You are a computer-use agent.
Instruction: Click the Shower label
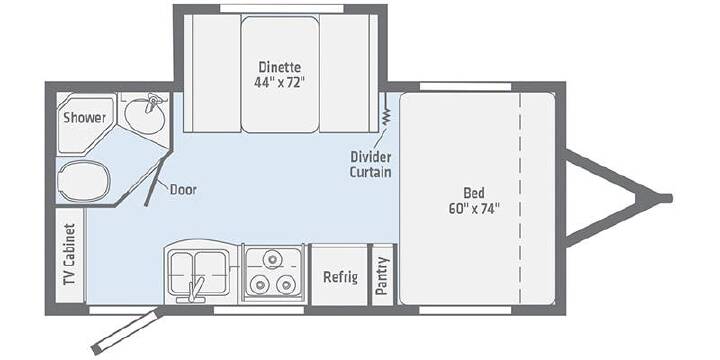84,118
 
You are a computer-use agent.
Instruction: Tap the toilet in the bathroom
84,181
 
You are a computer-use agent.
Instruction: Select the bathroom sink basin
144,115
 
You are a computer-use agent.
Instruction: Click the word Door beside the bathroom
183,189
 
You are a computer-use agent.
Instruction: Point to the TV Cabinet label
70,254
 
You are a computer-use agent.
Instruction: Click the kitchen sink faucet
194,291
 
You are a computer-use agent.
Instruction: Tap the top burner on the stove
272,260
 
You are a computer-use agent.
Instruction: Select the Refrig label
340,277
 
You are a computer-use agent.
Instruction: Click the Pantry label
382,276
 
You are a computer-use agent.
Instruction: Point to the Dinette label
280,67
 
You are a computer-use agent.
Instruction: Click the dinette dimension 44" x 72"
280,83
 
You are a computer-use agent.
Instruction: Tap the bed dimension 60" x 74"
474,208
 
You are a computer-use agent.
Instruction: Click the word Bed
474,192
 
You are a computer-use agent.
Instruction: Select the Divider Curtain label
371,164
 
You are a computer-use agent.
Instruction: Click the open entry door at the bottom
126,331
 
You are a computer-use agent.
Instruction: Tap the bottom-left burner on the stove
260,285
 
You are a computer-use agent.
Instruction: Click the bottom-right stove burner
285,285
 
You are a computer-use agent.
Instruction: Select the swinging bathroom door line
156,179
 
